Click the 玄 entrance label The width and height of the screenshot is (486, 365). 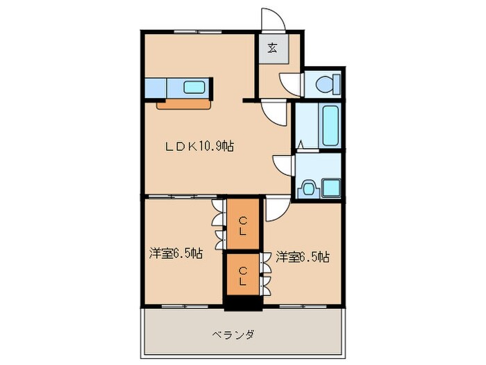272,48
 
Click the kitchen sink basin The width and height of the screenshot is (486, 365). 194,88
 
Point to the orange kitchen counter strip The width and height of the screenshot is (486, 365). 184,104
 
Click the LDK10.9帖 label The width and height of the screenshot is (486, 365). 199,147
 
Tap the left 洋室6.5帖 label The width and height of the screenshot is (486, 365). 175,254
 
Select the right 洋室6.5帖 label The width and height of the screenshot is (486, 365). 302,257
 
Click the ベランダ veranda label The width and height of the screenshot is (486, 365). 233,334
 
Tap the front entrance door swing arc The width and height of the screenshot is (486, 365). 270,19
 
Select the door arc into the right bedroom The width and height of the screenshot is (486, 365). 276,209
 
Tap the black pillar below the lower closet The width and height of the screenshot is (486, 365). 241,304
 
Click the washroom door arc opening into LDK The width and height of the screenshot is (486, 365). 283,165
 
